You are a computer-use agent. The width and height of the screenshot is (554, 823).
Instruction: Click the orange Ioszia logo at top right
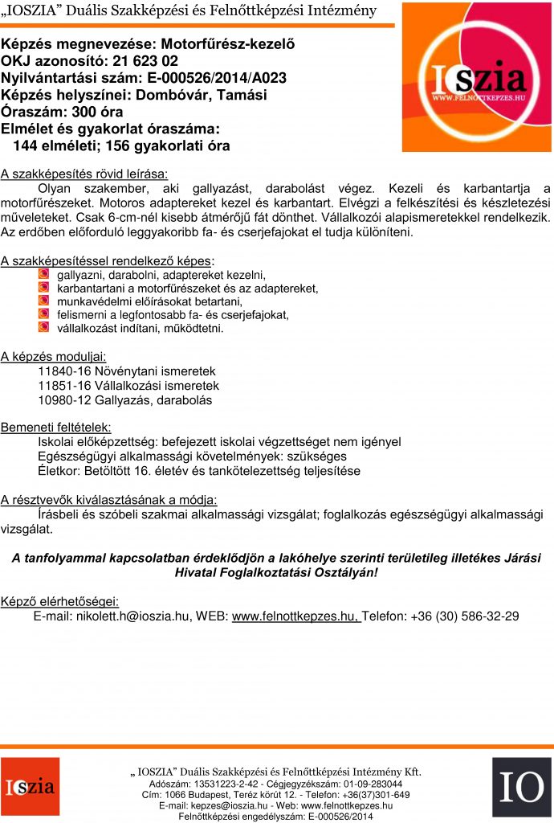click(x=477, y=77)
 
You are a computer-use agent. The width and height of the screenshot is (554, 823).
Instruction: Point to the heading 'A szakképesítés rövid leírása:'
click(x=84, y=173)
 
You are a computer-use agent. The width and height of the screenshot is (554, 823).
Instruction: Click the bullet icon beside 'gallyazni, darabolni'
click(x=43, y=275)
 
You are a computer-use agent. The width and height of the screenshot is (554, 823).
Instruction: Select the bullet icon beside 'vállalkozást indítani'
click(x=43, y=328)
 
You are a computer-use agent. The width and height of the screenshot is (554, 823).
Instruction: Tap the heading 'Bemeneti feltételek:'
click(x=56, y=427)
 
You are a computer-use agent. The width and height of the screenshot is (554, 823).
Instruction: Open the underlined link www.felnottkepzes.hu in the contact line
click(x=294, y=616)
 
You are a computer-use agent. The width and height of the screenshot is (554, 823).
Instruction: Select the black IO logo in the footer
click(x=521, y=787)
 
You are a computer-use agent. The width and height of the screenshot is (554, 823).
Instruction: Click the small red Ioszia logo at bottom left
click(x=30, y=787)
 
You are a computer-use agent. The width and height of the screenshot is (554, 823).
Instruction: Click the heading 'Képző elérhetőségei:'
click(x=59, y=601)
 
